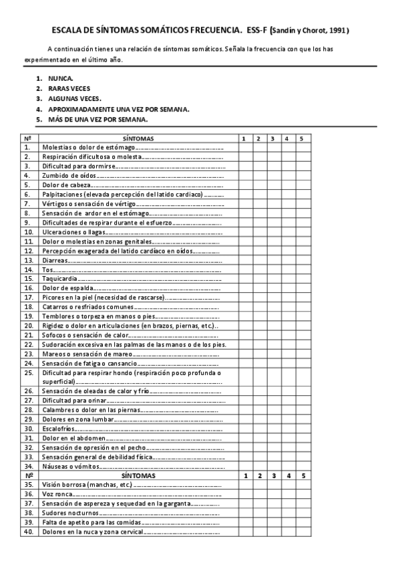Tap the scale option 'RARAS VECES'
(x=69, y=88)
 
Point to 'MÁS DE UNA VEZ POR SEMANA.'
(x=97, y=120)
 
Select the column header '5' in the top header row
(x=301, y=138)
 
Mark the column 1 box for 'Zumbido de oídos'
(x=244, y=175)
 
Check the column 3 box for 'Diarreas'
(x=272, y=260)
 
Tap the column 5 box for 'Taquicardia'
(x=301, y=279)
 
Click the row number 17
(x=28, y=298)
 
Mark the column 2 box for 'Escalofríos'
(x=258, y=429)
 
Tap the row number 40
(x=28, y=532)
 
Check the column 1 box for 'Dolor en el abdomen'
(x=244, y=438)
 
